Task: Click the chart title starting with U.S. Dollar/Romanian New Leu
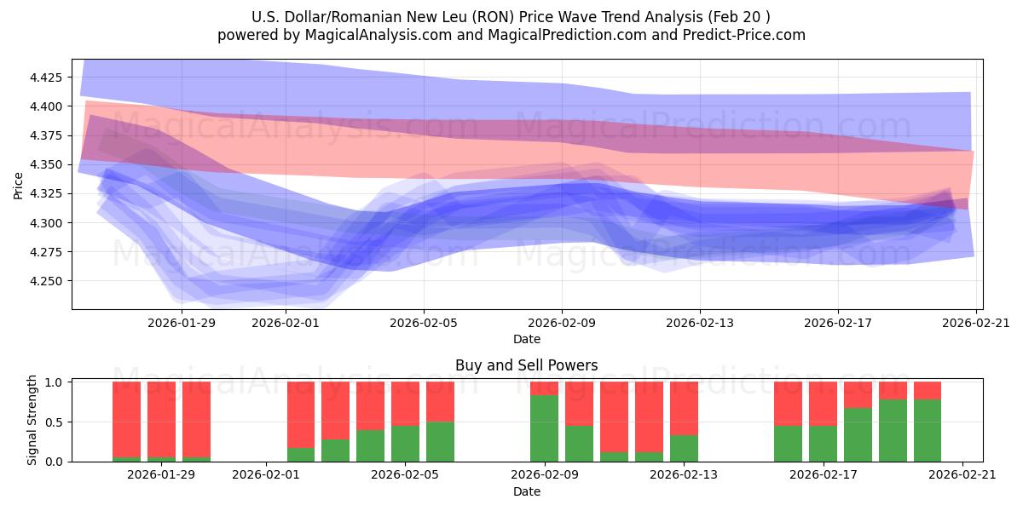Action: pos(511,17)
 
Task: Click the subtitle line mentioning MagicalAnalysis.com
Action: pos(511,35)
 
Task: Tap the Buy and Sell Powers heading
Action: pos(526,365)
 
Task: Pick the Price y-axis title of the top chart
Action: pos(19,184)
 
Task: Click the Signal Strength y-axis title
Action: pos(32,421)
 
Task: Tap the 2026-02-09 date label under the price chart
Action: pos(562,323)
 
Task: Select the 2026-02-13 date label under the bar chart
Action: pos(684,474)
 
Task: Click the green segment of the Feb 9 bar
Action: pos(544,428)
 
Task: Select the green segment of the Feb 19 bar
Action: pos(893,431)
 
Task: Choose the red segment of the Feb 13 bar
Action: pos(684,408)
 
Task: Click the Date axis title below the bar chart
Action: pos(526,491)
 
